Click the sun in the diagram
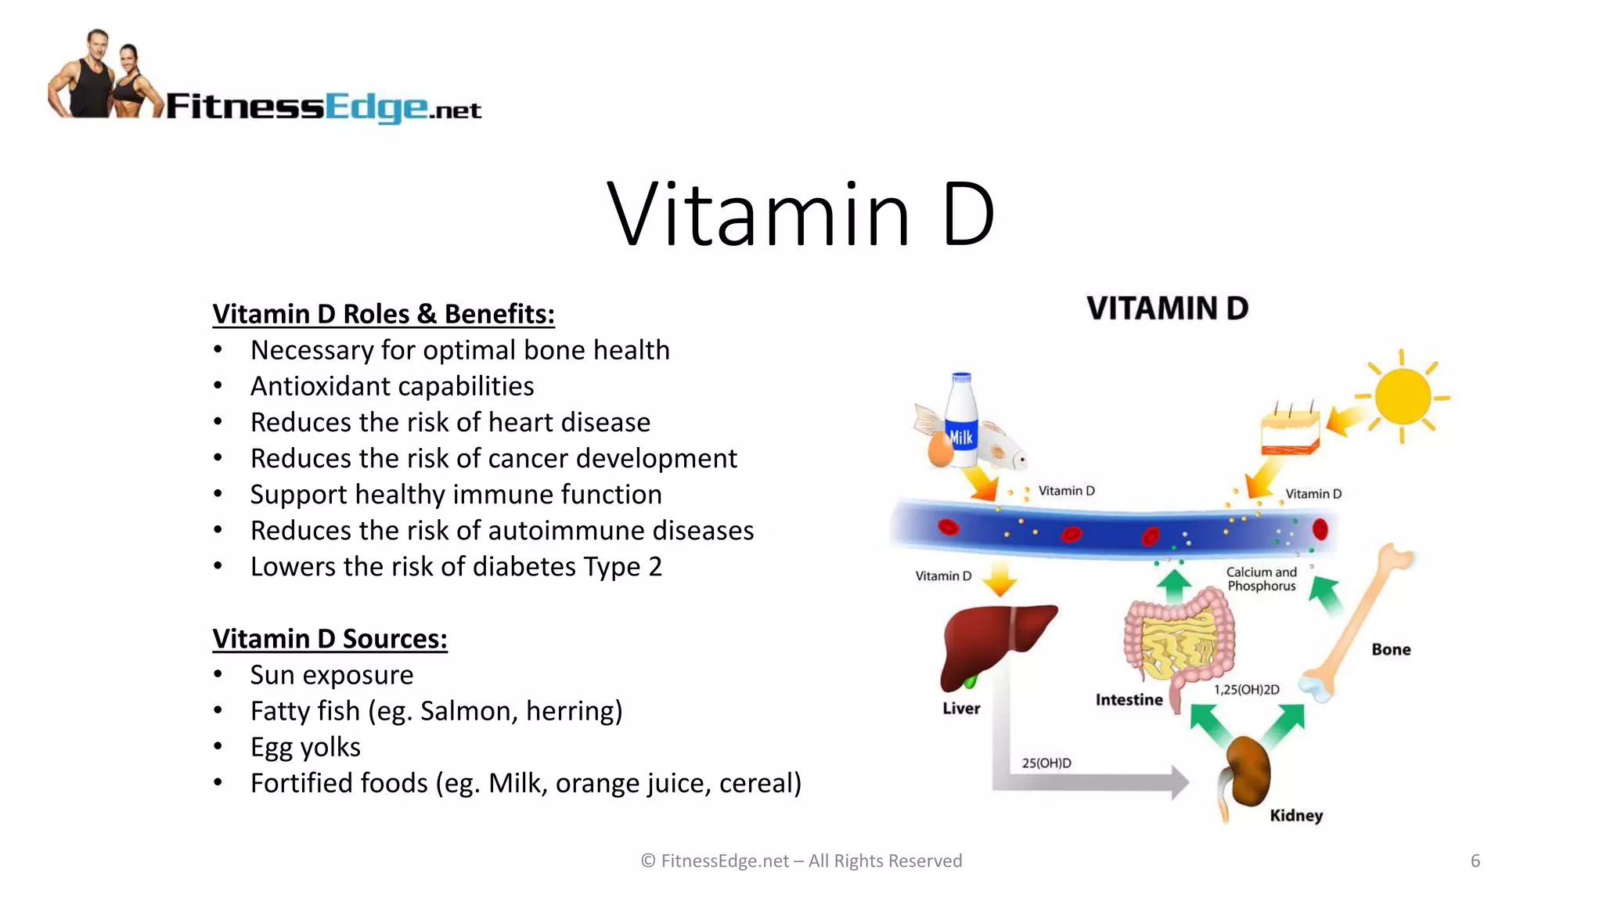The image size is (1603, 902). point(1402,396)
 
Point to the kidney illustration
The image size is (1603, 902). point(1247,772)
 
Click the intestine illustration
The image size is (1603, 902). point(1179,637)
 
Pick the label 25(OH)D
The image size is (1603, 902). point(1046,763)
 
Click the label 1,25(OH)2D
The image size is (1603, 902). point(1246,690)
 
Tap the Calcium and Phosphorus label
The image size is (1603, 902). point(1261,579)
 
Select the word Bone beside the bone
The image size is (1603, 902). point(1391,649)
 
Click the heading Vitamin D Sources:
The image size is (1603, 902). point(330,639)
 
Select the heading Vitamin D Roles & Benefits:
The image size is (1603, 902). point(384,314)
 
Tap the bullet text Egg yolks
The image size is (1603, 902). point(305,747)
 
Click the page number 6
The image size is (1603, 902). point(1475,861)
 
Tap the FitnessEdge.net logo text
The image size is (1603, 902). point(323,106)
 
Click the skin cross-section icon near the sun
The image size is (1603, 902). point(1290,431)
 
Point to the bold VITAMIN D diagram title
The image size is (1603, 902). point(1167,308)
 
